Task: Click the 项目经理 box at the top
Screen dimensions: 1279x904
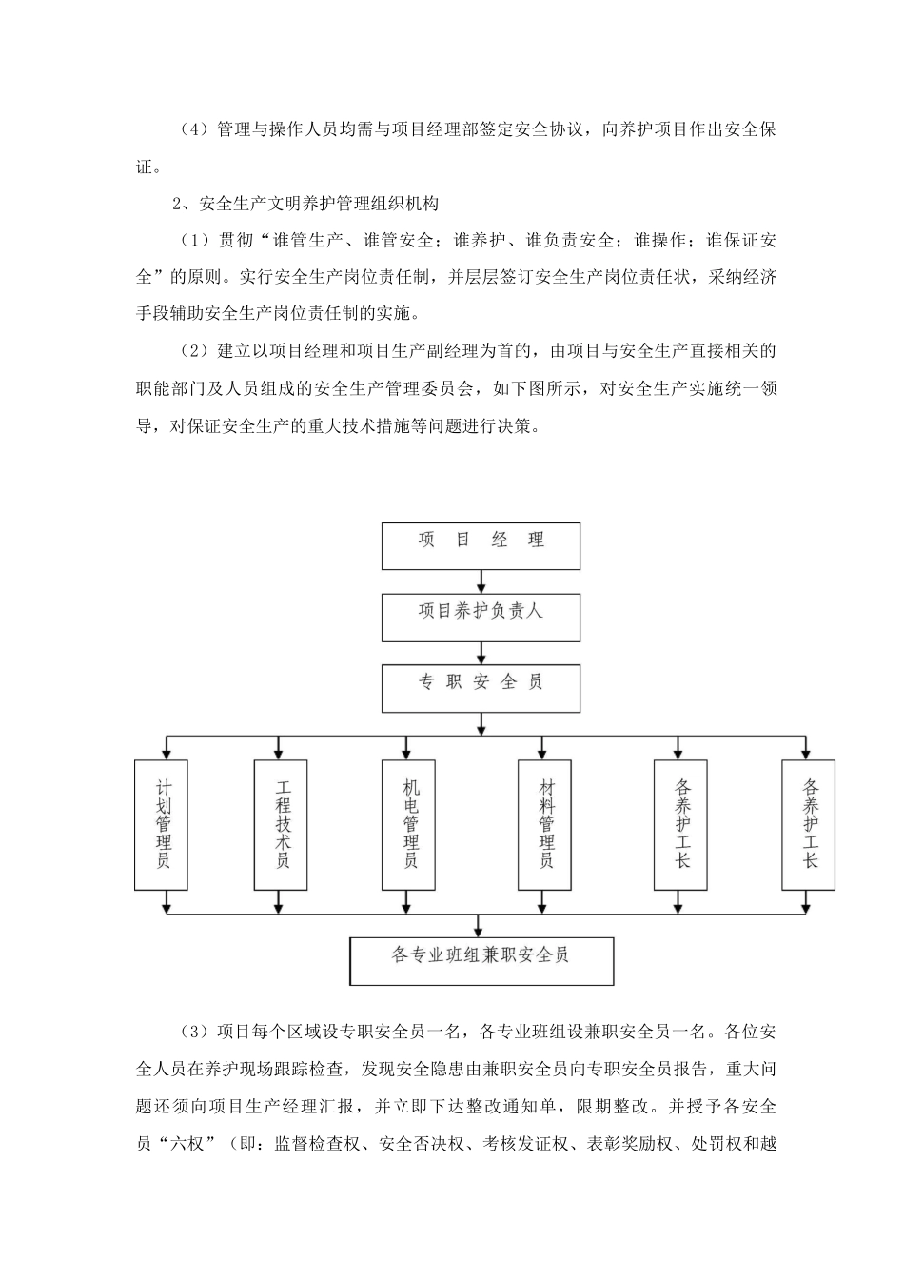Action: click(x=481, y=545)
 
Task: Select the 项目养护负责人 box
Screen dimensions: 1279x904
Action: click(x=481, y=616)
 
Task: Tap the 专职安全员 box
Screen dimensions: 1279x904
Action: click(x=481, y=687)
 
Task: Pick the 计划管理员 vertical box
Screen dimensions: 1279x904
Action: click(x=162, y=824)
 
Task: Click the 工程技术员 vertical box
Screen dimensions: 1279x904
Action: click(x=281, y=824)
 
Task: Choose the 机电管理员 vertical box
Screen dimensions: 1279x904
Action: click(x=410, y=824)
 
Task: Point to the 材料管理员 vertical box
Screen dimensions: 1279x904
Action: click(x=546, y=824)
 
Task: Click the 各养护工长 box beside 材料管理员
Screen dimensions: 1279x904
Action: click(x=681, y=824)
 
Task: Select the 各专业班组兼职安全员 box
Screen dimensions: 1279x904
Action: click(x=481, y=960)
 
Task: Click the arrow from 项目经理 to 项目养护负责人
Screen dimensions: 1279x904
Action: click(x=481, y=581)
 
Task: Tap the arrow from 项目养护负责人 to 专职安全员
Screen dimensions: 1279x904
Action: click(x=481, y=653)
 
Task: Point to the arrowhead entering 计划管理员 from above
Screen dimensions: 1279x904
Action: click(x=167, y=753)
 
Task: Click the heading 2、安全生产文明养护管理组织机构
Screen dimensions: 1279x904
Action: click(x=305, y=203)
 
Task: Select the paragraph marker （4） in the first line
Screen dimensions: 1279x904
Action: click(x=195, y=129)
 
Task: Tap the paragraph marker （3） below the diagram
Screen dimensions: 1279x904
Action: click(x=195, y=1031)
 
